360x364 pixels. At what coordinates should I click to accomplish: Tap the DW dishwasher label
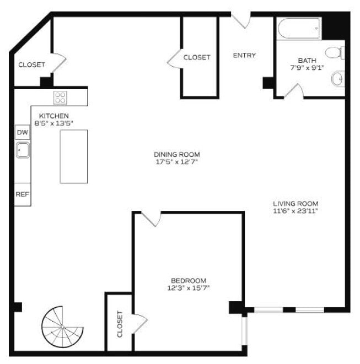tap(22, 133)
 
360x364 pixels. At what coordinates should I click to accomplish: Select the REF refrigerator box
tap(22, 194)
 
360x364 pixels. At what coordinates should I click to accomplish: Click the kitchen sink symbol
tap(23, 150)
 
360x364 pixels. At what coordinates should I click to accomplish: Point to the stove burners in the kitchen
tap(60, 98)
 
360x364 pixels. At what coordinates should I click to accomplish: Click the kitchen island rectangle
tap(74, 156)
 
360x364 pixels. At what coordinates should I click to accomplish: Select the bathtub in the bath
tap(299, 29)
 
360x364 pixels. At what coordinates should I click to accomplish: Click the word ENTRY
tap(244, 55)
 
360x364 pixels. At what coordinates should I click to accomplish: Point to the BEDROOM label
tap(189, 280)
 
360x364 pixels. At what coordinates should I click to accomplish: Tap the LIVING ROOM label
tap(296, 203)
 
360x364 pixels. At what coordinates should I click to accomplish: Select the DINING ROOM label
tap(176, 155)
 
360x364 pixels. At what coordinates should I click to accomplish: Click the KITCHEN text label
tap(53, 116)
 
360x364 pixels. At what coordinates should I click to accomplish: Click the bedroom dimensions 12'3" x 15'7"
tap(189, 287)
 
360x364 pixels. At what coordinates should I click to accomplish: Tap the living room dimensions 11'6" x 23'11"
tap(296, 210)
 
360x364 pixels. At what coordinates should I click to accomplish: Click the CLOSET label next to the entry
tap(197, 57)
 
